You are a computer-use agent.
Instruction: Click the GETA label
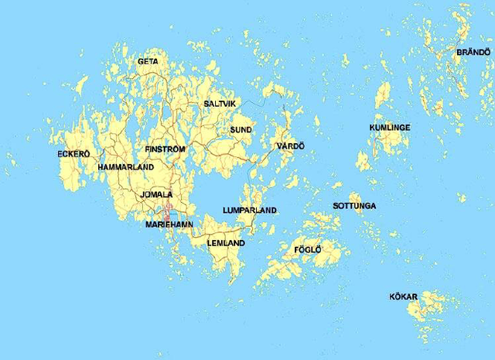tap(148, 61)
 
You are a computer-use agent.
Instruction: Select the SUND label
tap(241, 129)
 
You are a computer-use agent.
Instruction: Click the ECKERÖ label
tap(73, 154)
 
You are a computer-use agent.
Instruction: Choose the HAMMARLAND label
tap(125, 166)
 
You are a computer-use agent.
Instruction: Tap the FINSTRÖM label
tap(165, 148)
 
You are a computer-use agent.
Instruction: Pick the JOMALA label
tap(157, 194)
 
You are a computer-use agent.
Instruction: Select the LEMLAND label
tap(226, 243)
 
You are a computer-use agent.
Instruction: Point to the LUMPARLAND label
tap(249, 211)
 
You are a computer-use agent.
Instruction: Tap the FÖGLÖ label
tap(307, 249)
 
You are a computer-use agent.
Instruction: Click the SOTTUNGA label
tap(354, 206)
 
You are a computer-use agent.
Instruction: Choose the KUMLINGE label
tap(390, 127)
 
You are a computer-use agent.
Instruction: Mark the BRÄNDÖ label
tap(473, 52)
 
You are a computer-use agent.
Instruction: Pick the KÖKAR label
tap(403, 297)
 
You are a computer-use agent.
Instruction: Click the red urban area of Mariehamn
tap(169, 211)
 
